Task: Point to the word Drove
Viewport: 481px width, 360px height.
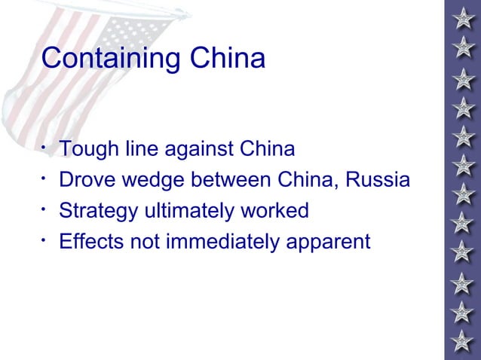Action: pos(85,181)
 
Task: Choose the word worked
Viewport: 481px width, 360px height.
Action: pos(280,212)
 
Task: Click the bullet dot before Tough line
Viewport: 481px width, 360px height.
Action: pos(46,145)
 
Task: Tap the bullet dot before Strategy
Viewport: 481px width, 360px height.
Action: pos(46,207)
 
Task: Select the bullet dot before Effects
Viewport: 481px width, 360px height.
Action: pos(46,238)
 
